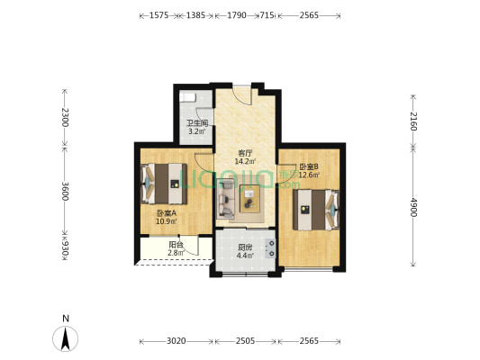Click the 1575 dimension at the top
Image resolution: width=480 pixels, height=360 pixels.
pos(158,15)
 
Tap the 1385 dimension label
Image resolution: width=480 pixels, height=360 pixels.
pos(195,15)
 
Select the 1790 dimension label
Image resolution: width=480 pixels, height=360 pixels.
pos(237,15)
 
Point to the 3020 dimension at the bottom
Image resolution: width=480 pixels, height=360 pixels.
pos(177,341)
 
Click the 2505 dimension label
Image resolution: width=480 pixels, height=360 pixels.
pos(245,341)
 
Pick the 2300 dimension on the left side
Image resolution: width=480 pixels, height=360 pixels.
pos(65,117)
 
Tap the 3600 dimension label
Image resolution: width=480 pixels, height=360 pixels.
pos(65,191)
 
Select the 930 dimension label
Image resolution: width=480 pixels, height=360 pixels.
pos(65,247)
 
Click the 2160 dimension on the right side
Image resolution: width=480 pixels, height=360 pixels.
pos(413,121)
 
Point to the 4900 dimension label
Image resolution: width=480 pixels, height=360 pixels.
pos(413,207)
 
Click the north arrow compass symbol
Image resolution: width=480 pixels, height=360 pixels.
pos(65,338)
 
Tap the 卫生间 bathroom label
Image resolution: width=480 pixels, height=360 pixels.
pos(197,123)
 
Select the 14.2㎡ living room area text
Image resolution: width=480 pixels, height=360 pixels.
pos(245,161)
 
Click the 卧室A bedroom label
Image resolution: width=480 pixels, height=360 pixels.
pos(167,213)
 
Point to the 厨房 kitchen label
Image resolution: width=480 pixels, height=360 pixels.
pos(245,247)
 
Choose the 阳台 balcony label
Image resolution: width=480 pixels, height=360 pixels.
pos(176,245)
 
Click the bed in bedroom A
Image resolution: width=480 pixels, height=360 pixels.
pos(164,184)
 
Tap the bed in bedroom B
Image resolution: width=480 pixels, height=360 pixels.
pos(316,210)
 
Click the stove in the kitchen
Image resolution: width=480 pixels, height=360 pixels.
pos(271,248)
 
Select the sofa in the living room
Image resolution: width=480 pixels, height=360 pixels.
pos(225,199)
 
